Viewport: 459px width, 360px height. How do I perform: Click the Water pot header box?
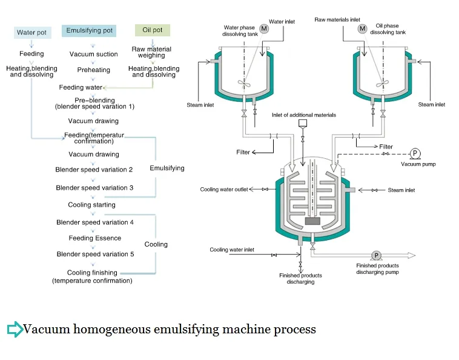coord(33,33)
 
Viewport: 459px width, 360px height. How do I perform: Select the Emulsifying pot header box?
coord(89,31)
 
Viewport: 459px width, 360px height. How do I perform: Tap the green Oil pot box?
coord(153,30)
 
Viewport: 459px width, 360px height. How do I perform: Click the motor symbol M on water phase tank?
coord(264,28)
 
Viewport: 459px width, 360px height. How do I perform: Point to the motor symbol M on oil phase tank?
coord(362,28)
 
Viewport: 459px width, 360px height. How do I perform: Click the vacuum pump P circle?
coord(415,153)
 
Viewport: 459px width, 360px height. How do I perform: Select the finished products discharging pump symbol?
coord(376,255)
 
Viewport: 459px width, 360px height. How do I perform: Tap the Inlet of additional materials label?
coord(304,115)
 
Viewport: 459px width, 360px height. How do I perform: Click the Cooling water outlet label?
coord(224,190)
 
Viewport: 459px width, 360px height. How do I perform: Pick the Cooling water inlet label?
coord(232,250)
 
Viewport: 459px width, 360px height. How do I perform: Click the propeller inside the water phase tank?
coord(244,84)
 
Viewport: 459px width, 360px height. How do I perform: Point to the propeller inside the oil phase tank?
coord(382,84)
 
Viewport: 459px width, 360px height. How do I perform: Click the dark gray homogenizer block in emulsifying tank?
coord(312,221)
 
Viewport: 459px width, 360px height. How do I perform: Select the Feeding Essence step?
coord(95,238)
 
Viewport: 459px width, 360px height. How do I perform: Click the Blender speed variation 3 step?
coord(94,188)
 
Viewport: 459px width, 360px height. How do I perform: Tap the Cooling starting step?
coord(91,205)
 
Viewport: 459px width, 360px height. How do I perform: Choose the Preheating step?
coord(94,70)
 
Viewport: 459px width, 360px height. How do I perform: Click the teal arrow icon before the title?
coord(15,329)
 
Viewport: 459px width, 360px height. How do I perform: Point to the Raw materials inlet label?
coord(337,19)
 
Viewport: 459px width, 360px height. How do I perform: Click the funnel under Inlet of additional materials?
coord(303,124)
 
